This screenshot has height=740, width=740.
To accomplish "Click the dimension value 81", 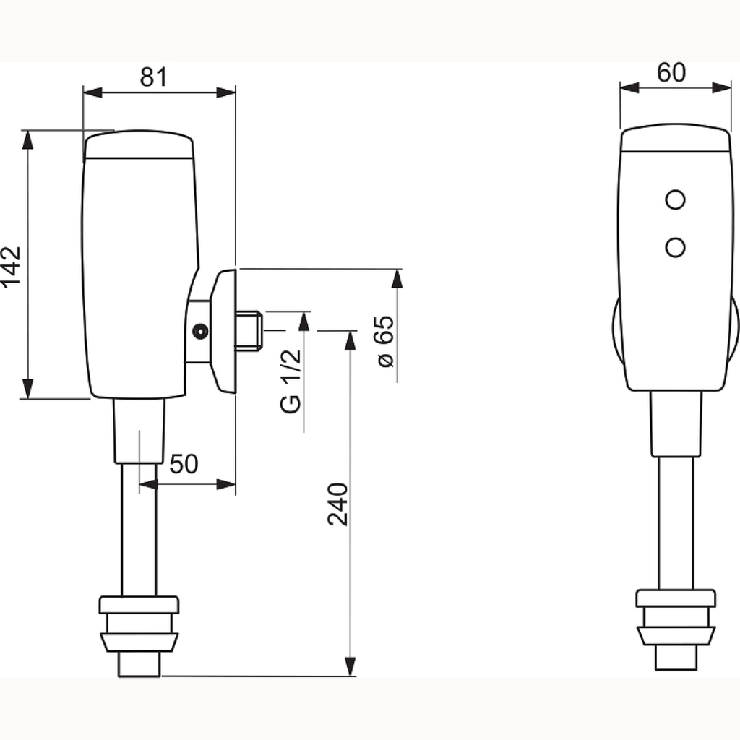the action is [x=153, y=77].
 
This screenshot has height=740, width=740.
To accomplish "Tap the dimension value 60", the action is [x=671, y=73].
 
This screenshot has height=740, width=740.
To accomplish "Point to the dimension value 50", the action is [x=184, y=464].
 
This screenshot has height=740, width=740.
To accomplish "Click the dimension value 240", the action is [x=338, y=504].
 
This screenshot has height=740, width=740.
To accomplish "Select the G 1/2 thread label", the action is [x=291, y=382].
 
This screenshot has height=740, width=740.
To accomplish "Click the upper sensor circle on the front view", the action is [x=676, y=199].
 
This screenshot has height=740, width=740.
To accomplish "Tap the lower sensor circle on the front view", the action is [x=676, y=247].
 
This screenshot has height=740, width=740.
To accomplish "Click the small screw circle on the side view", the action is [x=201, y=331].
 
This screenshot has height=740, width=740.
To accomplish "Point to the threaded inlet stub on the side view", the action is [x=249, y=331].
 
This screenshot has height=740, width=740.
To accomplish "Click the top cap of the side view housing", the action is [x=139, y=144].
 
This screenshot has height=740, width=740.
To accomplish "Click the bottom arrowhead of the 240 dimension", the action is [x=350, y=666].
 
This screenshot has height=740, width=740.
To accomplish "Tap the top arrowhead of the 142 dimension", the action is [x=28, y=139].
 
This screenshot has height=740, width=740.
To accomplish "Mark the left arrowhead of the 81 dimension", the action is [x=92, y=92].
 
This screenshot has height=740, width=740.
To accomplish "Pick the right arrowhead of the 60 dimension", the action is [x=722, y=87].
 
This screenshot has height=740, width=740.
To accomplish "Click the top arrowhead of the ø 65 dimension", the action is [x=397, y=278].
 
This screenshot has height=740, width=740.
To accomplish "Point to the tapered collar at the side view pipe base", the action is [x=139, y=642].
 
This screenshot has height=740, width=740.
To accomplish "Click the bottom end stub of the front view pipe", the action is [x=676, y=657].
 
